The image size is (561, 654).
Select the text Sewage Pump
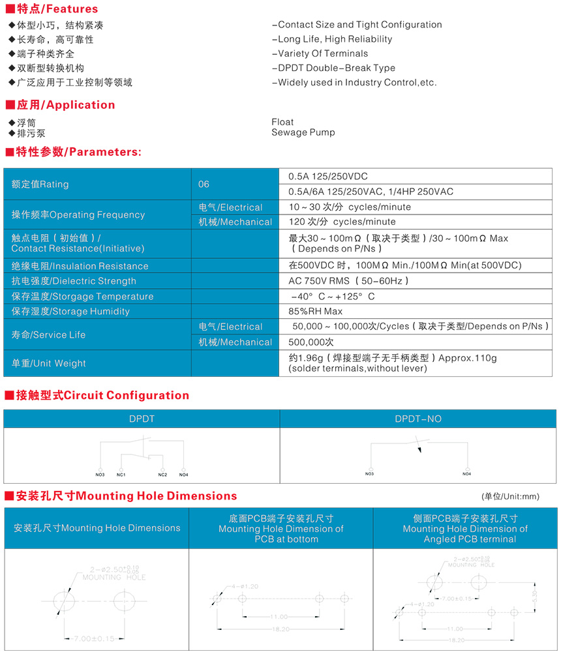coord(303,132)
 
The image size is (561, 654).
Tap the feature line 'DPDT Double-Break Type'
coord(333,68)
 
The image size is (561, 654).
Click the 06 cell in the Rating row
coord(204,185)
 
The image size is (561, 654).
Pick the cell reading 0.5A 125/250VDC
coord(328,177)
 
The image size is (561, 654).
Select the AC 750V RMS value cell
coord(348,281)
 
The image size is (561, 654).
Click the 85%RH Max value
coord(316,312)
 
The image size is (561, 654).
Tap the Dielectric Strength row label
coord(74,281)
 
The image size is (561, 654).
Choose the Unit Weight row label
coord(49,363)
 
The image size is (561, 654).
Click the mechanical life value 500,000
coord(312,342)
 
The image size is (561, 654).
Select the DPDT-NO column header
coord(418,419)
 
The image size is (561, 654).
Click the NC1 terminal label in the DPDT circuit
coord(121,474)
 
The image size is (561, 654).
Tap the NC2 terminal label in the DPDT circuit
coord(162,474)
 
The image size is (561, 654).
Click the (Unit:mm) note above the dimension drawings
coord(511,497)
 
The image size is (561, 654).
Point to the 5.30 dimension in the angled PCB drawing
coord(536,595)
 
